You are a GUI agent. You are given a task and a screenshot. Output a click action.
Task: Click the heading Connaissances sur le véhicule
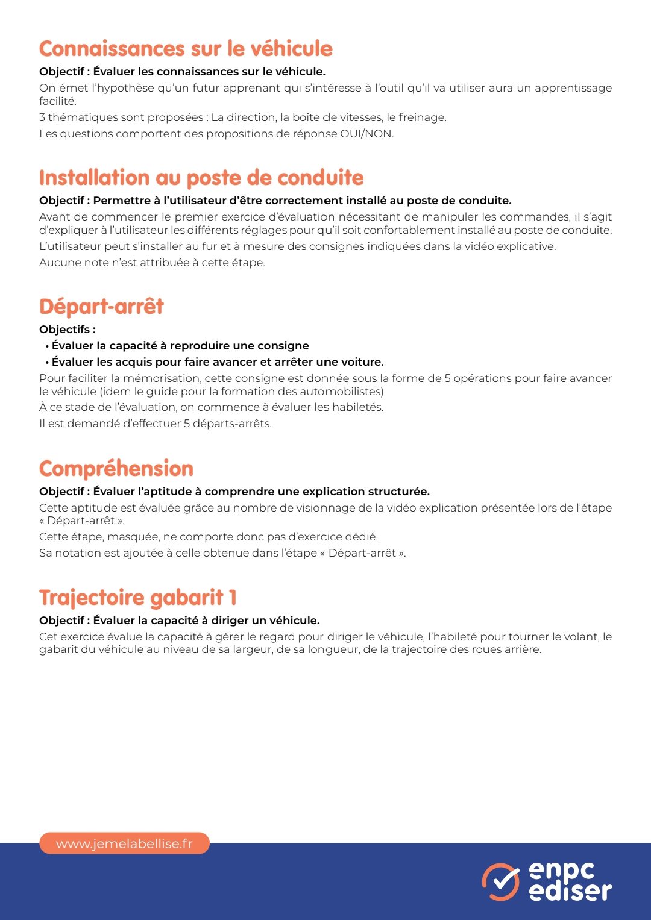[186, 49]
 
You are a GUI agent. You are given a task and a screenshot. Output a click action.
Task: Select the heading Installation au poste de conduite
[201, 178]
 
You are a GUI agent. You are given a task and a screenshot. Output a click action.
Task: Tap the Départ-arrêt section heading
[101, 307]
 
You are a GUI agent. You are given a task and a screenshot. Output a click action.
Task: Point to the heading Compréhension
[116, 469]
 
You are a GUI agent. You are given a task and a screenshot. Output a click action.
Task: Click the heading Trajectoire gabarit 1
[138, 598]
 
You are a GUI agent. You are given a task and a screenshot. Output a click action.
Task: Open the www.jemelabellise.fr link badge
[124, 843]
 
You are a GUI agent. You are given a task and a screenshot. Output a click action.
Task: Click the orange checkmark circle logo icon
[500, 882]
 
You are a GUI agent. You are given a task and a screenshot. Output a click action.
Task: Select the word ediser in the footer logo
[570, 891]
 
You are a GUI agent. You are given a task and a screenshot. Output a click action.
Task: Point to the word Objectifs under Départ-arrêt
[65, 330]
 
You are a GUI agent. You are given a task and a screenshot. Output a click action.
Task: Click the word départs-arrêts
[232, 424]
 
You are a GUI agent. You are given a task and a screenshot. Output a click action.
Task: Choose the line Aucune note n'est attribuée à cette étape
[152, 263]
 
